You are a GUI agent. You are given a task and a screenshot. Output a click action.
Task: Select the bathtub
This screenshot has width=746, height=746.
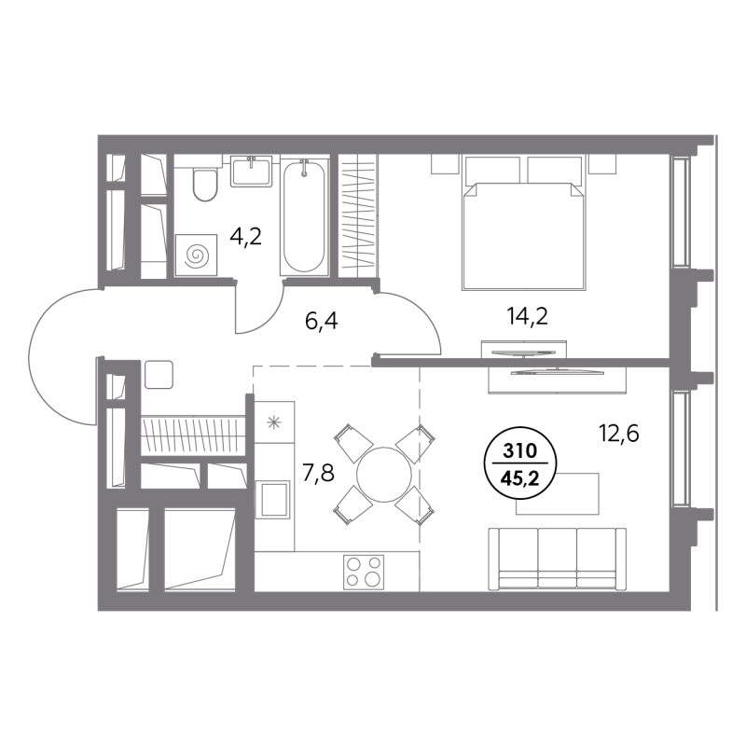[x=305, y=217]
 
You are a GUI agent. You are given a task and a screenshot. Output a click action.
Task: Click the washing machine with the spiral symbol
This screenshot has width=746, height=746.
[x=196, y=255]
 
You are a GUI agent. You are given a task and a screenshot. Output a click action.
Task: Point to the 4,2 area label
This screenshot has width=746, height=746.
[x=245, y=236]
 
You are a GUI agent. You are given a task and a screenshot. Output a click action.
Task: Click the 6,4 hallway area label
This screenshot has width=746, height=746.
[x=321, y=321]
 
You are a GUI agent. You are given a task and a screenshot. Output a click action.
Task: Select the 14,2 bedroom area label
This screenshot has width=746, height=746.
[x=528, y=316]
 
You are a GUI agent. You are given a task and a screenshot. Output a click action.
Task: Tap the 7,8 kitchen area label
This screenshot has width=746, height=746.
[x=319, y=473]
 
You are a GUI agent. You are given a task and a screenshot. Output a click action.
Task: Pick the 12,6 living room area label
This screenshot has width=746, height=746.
[x=618, y=433]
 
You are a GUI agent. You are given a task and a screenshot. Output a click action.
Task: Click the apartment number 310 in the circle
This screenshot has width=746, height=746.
[x=520, y=450]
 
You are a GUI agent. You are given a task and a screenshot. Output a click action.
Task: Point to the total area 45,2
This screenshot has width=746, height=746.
[x=520, y=478]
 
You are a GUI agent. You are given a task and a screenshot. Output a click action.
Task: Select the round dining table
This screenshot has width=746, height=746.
[x=384, y=475]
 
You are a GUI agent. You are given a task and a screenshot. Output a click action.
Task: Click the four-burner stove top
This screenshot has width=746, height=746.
[x=364, y=572]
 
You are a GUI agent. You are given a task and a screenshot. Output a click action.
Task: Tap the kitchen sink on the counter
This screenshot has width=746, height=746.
[x=272, y=499]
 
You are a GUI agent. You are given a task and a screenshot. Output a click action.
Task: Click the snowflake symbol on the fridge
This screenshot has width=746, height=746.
[x=273, y=422]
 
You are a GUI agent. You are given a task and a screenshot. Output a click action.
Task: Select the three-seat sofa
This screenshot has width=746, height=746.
[x=557, y=559]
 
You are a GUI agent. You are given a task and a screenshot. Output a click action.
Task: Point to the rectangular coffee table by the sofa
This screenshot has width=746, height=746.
[x=558, y=494]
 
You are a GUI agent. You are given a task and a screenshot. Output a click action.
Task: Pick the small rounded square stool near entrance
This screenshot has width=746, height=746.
[x=159, y=375]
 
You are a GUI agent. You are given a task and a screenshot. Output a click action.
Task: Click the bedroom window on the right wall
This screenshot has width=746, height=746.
[x=680, y=212]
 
